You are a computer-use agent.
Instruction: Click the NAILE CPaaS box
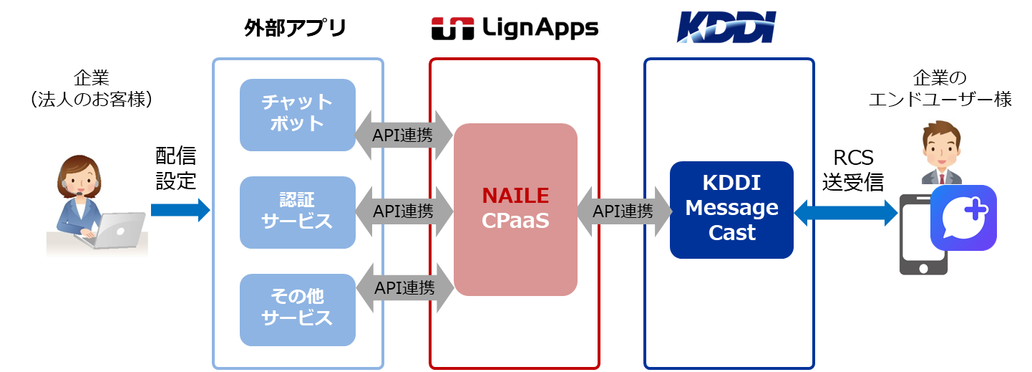click(x=515, y=209)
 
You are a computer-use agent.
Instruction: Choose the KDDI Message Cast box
click(x=731, y=209)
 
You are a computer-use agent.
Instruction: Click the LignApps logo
click(x=515, y=29)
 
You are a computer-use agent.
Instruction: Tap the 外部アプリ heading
click(x=295, y=29)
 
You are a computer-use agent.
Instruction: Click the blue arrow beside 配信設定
click(x=180, y=210)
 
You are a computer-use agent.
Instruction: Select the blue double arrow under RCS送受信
click(x=846, y=212)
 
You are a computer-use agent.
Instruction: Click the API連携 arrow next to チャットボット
click(x=404, y=134)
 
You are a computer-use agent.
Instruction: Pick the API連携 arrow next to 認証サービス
click(x=404, y=211)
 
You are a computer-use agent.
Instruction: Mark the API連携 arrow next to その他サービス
click(x=404, y=287)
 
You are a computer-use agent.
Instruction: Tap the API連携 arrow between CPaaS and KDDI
click(x=623, y=211)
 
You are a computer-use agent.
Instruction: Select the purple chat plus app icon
click(x=963, y=218)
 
